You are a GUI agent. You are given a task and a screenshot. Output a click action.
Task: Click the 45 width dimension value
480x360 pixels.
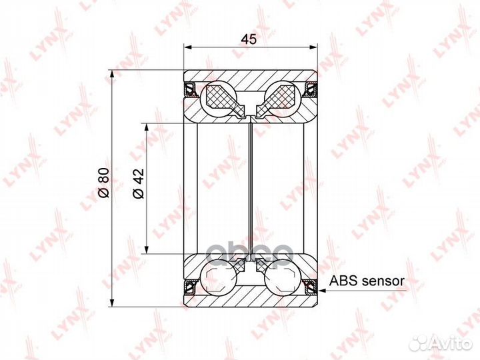coord(249,39)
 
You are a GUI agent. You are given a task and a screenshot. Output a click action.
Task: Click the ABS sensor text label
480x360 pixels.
coord(367,281)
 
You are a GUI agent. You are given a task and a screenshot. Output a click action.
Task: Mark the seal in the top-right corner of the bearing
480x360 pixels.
coord(310,87)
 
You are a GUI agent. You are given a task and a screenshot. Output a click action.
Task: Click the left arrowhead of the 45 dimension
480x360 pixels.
coord(187,47)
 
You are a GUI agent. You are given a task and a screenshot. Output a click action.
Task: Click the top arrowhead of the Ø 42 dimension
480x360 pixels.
coord(147,125)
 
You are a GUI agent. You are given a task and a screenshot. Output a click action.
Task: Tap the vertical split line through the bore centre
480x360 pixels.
coord(250,187)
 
